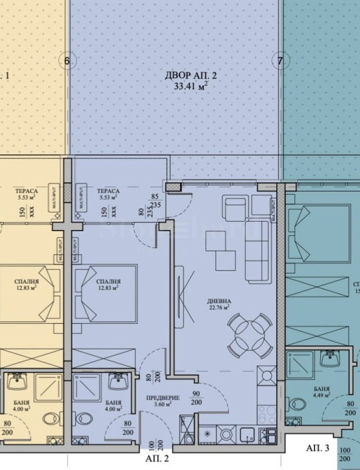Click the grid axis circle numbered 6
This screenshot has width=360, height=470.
coord(67,61)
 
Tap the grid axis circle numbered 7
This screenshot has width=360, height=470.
coord(280,61)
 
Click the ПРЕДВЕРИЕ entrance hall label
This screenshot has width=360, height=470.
coord(162,398)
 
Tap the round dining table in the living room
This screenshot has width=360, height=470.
coord(250,336)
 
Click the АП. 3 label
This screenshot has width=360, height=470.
coord(318,448)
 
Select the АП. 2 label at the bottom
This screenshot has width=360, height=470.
coord(157,459)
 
